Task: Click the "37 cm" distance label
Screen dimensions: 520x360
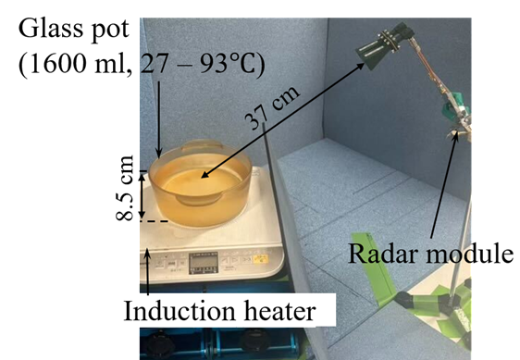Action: coord(272,108)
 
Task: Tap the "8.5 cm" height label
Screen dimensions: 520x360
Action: coord(125,188)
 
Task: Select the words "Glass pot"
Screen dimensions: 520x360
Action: coord(74,30)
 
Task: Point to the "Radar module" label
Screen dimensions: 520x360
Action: coord(430,254)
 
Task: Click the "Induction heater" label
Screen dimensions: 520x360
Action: coord(219,311)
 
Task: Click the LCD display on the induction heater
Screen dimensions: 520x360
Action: coord(204,263)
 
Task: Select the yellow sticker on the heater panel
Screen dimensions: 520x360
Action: coord(260,259)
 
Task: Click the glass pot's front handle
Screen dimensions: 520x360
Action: coord(199,199)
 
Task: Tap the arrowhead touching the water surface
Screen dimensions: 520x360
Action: coord(204,175)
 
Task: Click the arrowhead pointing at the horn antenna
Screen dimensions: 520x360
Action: coord(360,66)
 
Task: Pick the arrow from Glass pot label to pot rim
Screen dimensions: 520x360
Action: coord(159,119)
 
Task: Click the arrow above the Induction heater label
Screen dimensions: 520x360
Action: coord(147,272)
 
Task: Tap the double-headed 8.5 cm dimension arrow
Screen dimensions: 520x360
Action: coord(142,196)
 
